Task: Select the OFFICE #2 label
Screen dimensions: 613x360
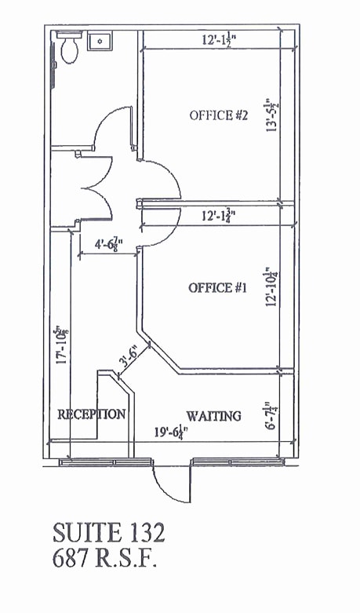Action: (x=219, y=115)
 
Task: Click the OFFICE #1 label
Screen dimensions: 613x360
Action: (x=217, y=288)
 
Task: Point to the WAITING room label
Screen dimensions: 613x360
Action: (x=213, y=415)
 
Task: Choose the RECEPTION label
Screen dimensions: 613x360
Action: (x=92, y=414)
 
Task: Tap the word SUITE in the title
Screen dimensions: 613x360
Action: (x=83, y=533)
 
